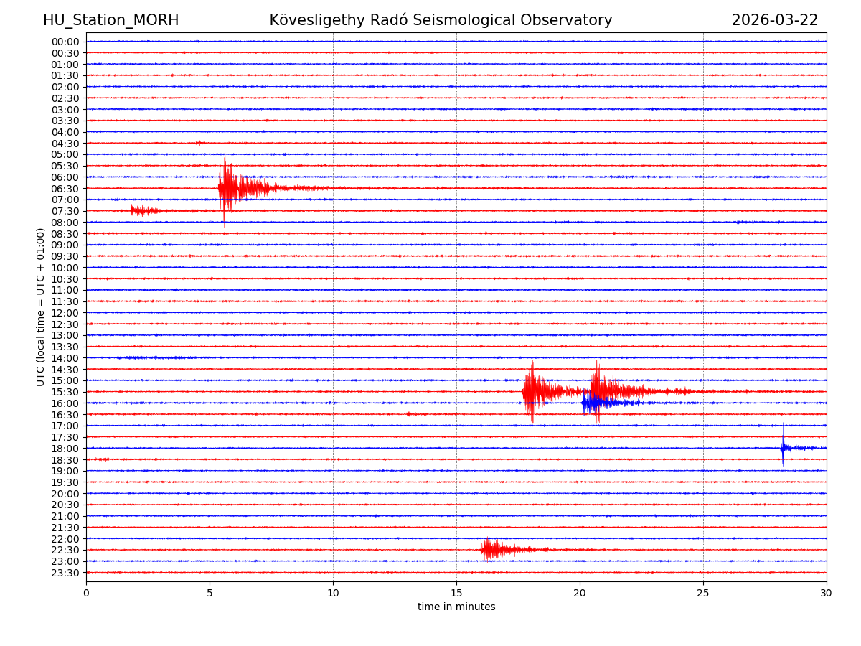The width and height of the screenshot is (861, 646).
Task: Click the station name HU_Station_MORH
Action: [x=110, y=20]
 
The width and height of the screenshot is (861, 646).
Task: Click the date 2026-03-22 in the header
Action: [x=774, y=20]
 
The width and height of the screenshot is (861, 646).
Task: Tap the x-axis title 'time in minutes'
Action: [x=456, y=607]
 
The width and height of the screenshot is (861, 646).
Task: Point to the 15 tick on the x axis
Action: [x=456, y=593]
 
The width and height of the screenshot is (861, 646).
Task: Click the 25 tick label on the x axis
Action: [x=703, y=593]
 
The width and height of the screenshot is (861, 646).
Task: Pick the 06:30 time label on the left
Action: [x=65, y=189]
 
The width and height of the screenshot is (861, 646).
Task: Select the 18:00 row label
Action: [x=65, y=449]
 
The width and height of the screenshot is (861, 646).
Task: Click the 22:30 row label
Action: [x=65, y=551]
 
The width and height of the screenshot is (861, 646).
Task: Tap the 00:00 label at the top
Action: [x=65, y=42]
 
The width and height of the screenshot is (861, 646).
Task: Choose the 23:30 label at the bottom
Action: [x=65, y=573]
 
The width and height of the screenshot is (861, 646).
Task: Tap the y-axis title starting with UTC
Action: [x=41, y=306]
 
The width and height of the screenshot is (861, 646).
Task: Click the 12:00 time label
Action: [x=65, y=313]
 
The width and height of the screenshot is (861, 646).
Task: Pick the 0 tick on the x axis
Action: [x=86, y=593]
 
